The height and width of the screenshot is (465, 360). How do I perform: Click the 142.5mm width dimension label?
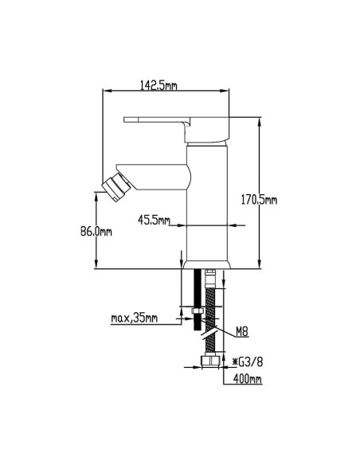[x=158, y=85]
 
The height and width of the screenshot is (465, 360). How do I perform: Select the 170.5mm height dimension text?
[x=259, y=200]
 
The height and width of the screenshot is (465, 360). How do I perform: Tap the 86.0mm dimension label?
[x=96, y=232]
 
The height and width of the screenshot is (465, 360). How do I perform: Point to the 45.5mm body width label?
[x=154, y=220]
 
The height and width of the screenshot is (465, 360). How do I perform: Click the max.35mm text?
[x=134, y=318]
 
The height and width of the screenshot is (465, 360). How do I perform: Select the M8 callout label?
[x=241, y=332]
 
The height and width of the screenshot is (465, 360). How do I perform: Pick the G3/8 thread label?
[x=248, y=361]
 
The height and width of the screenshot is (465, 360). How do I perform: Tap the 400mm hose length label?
[x=248, y=379]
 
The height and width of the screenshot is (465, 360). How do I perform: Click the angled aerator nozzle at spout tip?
[x=116, y=187]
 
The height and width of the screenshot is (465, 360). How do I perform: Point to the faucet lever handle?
[x=177, y=129]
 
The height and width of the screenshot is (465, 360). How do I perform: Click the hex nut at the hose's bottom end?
[x=210, y=361]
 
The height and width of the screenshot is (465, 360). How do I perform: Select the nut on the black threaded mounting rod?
[x=198, y=311]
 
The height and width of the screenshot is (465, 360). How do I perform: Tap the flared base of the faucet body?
[x=207, y=265]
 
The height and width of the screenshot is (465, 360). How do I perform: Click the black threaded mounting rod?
[x=198, y=299]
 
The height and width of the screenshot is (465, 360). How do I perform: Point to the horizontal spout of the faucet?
[x=154, y=177]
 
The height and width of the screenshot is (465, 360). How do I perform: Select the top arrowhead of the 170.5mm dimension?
[x=260, y=121]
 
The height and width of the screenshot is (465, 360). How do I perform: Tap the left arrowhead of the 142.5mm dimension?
[x=107, y=91]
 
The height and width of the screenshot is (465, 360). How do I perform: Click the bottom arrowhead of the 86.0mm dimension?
[x=96, y=265]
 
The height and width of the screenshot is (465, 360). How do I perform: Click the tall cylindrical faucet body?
[x=207, y=203]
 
